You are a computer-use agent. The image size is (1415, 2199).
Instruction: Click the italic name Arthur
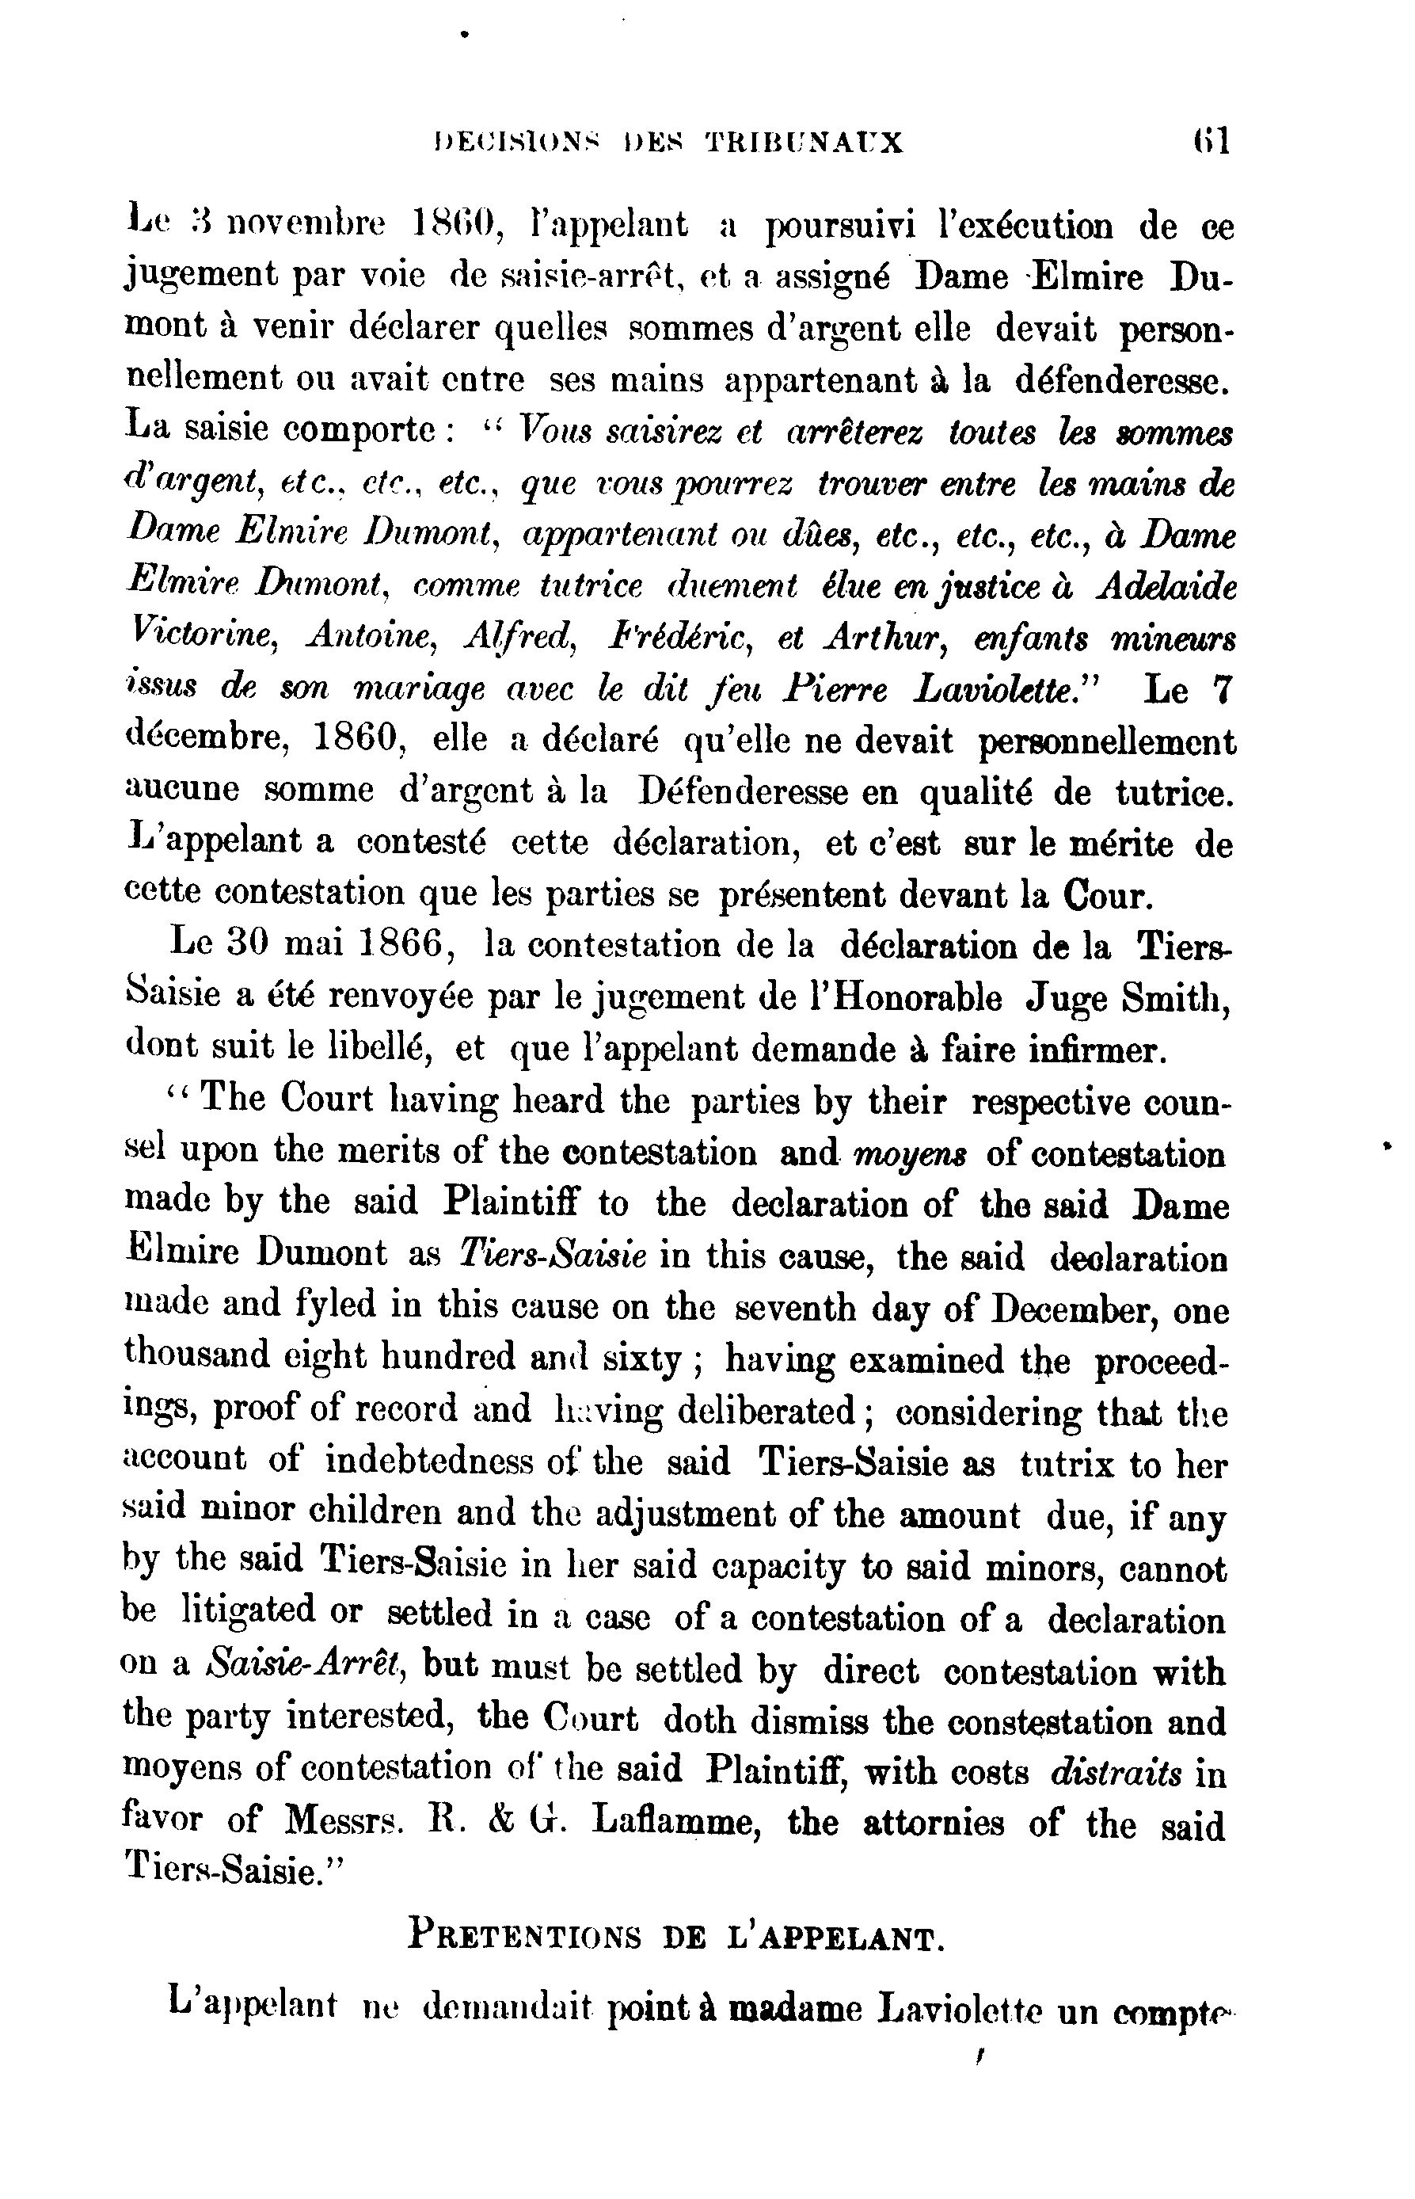coord(886,636)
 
